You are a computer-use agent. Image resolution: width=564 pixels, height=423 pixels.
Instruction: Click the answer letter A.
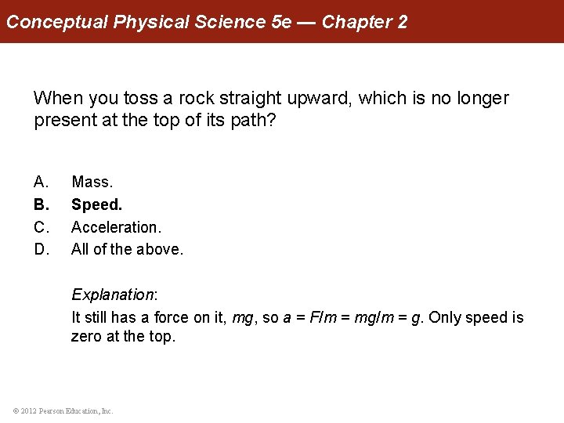41,182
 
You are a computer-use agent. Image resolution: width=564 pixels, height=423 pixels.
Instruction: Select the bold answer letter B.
41,204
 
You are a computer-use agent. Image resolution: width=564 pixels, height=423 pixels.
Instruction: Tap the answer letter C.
41,227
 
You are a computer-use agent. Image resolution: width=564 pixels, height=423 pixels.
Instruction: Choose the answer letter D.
41,250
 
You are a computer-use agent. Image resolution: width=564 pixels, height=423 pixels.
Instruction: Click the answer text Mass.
92,182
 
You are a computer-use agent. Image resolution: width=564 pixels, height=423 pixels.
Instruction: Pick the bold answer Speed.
97,204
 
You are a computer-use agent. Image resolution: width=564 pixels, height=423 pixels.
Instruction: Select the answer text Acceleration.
116,227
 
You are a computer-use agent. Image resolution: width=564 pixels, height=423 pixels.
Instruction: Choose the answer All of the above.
127,250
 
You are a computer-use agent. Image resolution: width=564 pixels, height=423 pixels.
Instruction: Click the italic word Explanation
113,295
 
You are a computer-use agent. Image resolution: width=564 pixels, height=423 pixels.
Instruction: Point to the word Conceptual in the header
57,22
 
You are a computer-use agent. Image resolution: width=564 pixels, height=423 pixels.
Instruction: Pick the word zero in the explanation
87,337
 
